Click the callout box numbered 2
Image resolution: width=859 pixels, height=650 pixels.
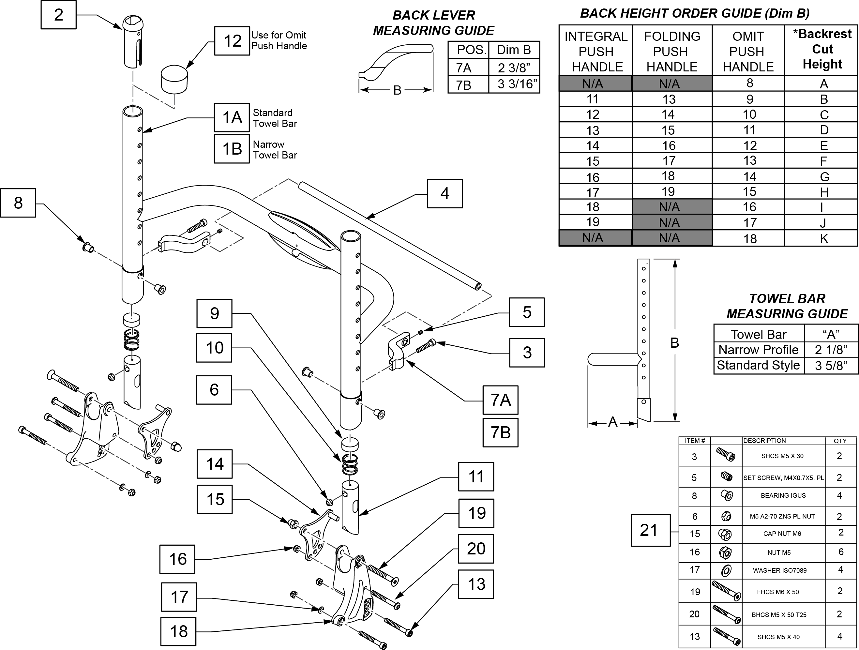tap(58, 15)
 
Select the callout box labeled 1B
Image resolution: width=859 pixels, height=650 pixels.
tap(232, 149)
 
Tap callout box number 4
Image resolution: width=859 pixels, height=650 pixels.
tap(445, 193)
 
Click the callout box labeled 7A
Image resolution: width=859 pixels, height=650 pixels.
tap(500, 400)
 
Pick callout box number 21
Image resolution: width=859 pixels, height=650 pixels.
tap(650, 530)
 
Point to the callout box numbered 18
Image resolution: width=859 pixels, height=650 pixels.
tap(178, 631)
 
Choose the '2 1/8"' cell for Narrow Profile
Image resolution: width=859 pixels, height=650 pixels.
tap(831, 350)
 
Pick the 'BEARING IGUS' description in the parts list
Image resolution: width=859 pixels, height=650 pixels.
tap(783, 495)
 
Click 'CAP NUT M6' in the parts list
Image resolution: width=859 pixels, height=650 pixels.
tap(782, 534)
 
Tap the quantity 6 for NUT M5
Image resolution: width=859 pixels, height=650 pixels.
tap(841, 552)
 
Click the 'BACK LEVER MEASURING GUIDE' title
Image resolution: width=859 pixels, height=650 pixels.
tap(433, 23)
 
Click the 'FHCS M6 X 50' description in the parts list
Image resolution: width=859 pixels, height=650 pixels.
tap(778, 592)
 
